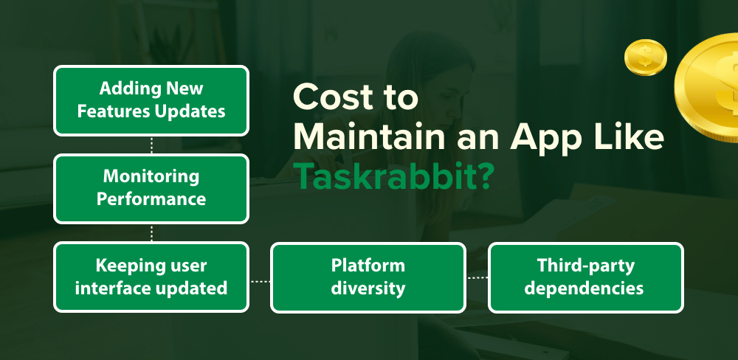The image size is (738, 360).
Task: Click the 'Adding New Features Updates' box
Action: click(x=151, y=100)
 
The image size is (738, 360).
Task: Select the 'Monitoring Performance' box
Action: click(x=151, y=188)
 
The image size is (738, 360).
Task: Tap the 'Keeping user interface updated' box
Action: click(x=151, y=277)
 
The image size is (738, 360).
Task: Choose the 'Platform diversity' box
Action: click(x=368, y=277)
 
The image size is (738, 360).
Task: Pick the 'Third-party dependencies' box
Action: click(x=586, y=277)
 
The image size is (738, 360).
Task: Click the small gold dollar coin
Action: click(x=645, y=58)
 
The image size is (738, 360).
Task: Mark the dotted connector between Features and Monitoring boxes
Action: click(x=151, y=145)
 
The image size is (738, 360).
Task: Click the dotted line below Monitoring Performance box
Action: click(x=151, y=233)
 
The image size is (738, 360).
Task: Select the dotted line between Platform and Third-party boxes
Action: click(x=477, y=278)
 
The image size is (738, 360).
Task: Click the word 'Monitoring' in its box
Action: click(x=151, y=177)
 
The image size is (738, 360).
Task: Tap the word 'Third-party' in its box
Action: click(x=586, y=266)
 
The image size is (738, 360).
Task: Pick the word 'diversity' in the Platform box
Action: click(x=368, y=288)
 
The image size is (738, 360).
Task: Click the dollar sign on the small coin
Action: click(x=645, y=58)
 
